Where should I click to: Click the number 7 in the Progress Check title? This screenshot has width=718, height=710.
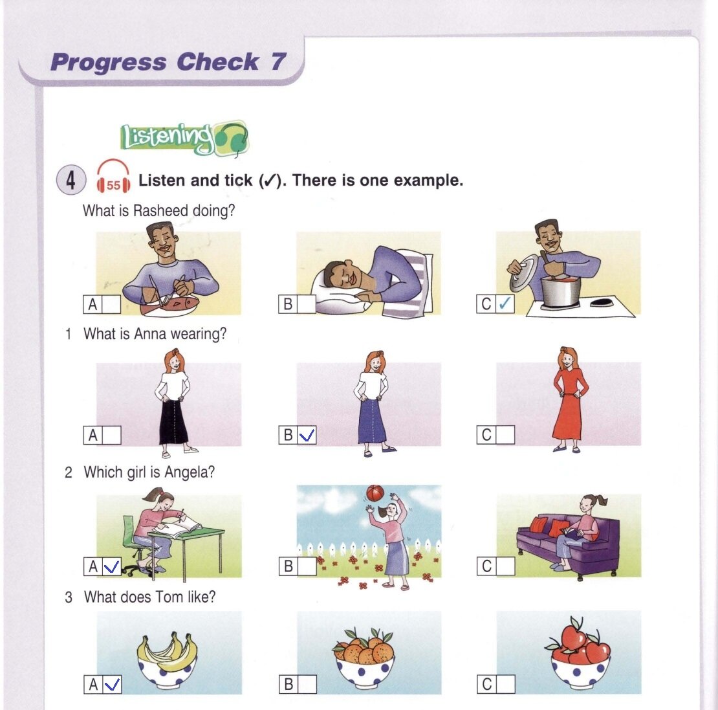coord(278,61)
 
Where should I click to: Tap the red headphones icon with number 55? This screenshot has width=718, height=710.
coord(113,176)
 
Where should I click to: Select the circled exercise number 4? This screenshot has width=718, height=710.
coord(71,179)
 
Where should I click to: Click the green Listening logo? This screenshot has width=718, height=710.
coord(184,137)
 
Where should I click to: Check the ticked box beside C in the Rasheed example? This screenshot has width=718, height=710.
coord(505,304)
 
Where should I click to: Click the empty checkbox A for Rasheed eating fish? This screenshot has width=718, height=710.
coord(111,304)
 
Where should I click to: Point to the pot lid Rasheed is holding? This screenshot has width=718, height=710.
coord(523,274)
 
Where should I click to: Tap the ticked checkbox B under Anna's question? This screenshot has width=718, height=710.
coord(307,435)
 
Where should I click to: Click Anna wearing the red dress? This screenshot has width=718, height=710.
coord(569,400)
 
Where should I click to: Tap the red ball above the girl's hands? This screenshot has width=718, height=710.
coord(375,494)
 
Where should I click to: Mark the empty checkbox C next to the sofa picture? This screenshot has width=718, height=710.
coord(505,566)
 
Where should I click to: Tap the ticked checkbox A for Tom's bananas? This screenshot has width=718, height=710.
coord(112,684)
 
